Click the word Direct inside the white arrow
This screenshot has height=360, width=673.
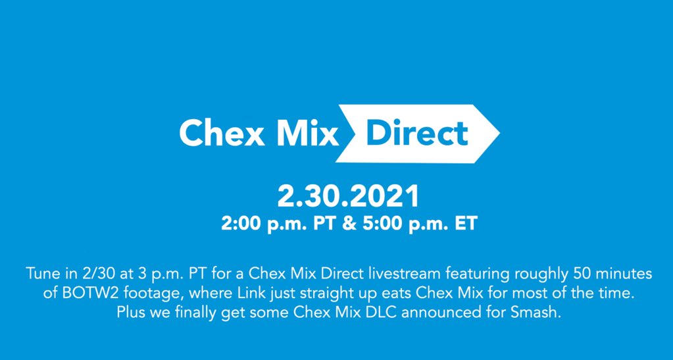pos(417,133)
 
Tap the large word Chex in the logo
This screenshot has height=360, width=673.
pos(222,133)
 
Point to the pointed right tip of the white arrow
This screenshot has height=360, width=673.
pos(499,133)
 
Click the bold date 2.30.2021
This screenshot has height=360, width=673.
pos(349,197)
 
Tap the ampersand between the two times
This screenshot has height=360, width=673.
pos(350,224)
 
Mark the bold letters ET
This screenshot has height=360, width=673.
pos(466,224)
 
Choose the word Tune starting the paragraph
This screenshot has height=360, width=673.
pos(41,274)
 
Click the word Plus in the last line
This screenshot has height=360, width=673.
pos(132,313)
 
